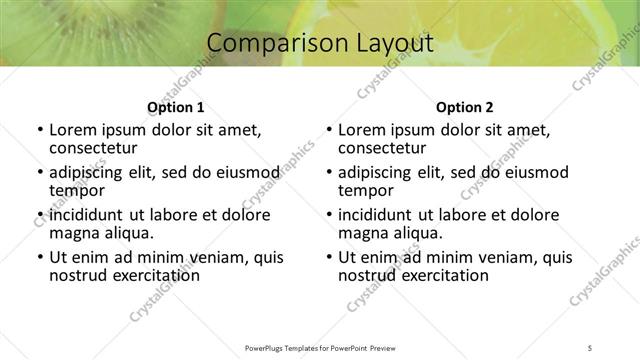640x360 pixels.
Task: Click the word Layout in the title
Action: pyautogui.click(x=392, y=44)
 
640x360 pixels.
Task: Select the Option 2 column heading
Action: pyautogui.click(x=465, y=107)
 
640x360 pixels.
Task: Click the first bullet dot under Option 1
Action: pyautogui.click(x=39, y=130)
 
